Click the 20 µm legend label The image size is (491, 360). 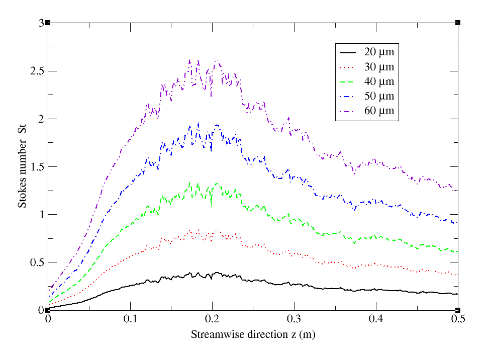(x=379, y=52)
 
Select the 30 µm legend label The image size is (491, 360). (x=379, y=66)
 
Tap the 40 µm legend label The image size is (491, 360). (x=379, y=81)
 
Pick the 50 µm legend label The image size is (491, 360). (x=379, y=96)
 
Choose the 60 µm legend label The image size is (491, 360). (x=379, y=111)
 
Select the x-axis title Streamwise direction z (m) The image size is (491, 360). (x=253, y=334)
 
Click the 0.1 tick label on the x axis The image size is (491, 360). (x=130, y=320)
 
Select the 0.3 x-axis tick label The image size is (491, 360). (x=294, y=320)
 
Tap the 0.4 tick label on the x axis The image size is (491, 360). (x=376, y=320)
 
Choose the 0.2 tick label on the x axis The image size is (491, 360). (x=212, y=320)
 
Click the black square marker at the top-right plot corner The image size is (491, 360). (x=458, y=23)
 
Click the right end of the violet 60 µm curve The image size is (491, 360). (x=457, y=191)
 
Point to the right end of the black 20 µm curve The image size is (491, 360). (x=457, y=294)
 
